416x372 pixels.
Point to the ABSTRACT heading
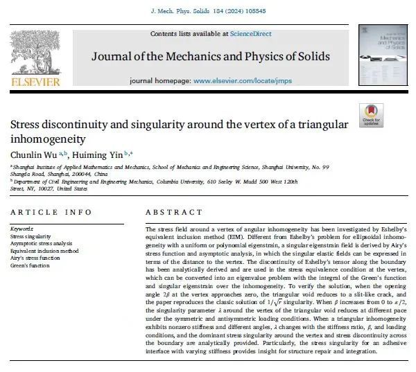pos(172,211)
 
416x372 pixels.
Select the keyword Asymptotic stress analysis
pos(40,244)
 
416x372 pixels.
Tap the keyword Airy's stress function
pos(32,259)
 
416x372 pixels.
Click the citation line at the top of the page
pos(207,12)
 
